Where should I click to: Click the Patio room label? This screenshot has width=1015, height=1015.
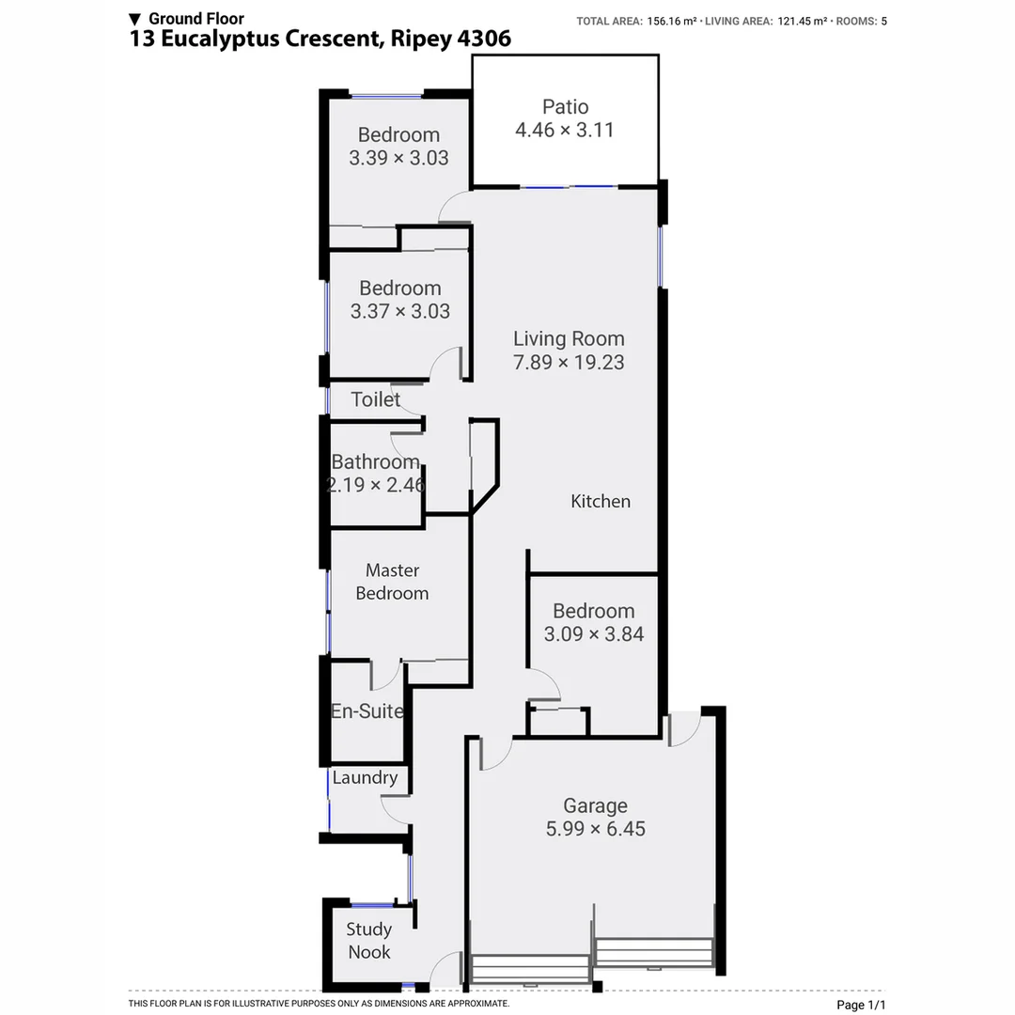coord(565,107)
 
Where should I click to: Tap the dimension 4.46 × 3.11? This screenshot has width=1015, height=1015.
coord(565,131)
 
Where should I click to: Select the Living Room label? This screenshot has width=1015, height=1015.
coord(568,338)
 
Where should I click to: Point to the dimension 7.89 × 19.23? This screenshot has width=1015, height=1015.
coord(568,362)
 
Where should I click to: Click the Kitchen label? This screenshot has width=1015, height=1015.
coord(601,501)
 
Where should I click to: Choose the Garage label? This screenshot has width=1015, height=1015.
coord(595,805)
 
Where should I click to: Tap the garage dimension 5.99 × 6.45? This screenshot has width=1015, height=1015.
coord(595,829)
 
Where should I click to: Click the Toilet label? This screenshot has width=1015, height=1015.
coord(375,399)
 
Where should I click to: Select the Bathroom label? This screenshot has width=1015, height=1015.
coord(375,461)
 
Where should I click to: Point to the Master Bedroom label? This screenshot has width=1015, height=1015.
coord(392,582)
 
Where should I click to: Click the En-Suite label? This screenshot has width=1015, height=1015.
coord(367,711)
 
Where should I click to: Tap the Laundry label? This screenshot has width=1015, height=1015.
coord(365,777)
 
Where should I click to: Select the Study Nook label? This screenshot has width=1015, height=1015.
coord(368,941)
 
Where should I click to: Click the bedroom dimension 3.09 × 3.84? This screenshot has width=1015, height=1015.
coord(594,634)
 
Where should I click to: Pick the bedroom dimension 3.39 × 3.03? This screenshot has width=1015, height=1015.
coord(398,158)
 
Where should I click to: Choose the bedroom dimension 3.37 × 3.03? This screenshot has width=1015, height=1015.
coord(399,311)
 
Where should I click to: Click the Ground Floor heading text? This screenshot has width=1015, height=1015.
coord(195,18)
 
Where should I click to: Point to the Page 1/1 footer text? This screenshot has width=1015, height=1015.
coord(861,1005)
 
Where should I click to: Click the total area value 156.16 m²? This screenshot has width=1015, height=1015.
coord(672,21)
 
